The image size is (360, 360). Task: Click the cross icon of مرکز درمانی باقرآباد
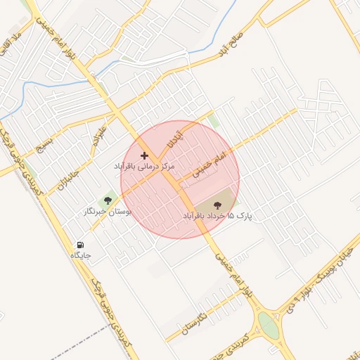(x=145, y=155)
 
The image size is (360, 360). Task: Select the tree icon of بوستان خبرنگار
(x=107, y=201)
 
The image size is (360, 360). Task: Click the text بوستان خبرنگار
(x=108, y=212)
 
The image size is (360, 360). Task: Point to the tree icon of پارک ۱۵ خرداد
(x=217, y=204)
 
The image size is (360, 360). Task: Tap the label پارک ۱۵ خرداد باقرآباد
(x=217, y=214)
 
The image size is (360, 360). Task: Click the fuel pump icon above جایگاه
(x=80, y=245)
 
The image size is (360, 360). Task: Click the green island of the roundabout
(x=269, y=325)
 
